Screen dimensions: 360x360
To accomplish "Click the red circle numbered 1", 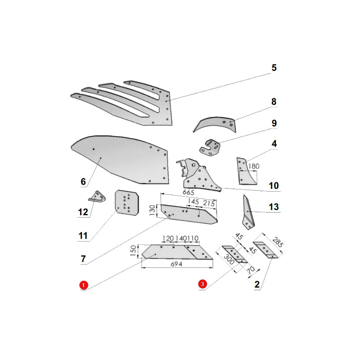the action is tap(83, 285).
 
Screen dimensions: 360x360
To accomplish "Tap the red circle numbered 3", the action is tap(202, 284).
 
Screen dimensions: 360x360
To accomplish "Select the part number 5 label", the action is tap(274, 68).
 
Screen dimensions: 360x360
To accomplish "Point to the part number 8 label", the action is tap(274, 102).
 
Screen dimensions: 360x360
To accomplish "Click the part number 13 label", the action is tap(274, 207).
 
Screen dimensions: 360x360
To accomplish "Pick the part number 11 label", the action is tap(83, 236).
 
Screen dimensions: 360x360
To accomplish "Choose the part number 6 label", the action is tap(83, 182).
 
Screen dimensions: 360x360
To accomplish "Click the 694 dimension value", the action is tap(176, 264).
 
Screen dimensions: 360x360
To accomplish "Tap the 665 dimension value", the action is tap(188, 192).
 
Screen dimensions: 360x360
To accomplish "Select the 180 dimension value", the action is tap(254, 166).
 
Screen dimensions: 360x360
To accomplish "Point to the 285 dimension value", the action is tap(277, 242).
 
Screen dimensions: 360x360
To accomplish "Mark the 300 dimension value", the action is tap(229, 260).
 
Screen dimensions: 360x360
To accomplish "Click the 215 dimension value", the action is tap(209, 203).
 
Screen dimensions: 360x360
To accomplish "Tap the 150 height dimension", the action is tap(133, 250).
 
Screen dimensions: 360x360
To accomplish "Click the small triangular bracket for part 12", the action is tap(97, 197).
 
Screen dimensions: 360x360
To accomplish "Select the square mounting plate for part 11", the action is tap(127, 202).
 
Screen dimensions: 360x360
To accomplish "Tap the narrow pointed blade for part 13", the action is tap(248, 212).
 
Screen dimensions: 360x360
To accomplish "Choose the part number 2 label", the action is tap(257, 284).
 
